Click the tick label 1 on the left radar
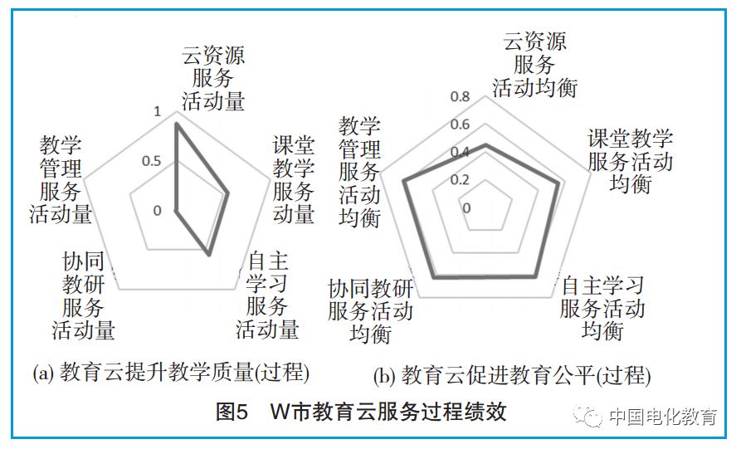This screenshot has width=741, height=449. [x=159, y=112]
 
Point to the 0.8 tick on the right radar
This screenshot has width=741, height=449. [x=460, y=97]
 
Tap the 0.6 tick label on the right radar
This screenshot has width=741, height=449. [x=460, y=125]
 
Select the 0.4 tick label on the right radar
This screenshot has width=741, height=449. [x=460, y=153]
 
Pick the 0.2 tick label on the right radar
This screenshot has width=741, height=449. [x=460, y=180]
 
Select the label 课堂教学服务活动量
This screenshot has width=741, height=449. [x=294, y=179]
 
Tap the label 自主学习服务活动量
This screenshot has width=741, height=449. [x=267, y=295]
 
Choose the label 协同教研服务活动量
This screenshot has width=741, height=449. [x=84, y=295]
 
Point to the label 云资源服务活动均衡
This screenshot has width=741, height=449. [x=535, y=65]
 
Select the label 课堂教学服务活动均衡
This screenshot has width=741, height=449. [x=630, y=161]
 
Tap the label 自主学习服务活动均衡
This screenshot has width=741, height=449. [x=602, y=308]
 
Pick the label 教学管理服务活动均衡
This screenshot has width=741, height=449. [x=360, y=172]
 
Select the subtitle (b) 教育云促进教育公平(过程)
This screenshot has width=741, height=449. [x=512, y=375]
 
